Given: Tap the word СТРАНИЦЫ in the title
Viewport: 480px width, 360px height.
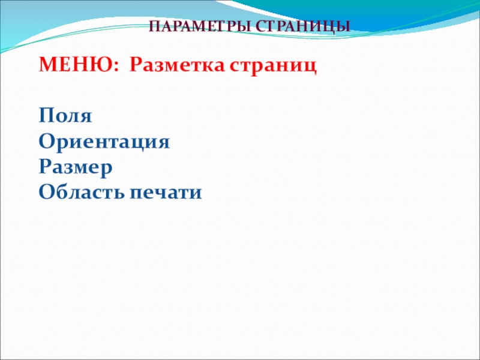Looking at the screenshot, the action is pos(303,27).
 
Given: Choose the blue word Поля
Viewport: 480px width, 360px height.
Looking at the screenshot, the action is pos(65,116).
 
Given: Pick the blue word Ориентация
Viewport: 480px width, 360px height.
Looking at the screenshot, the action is pos(104,142).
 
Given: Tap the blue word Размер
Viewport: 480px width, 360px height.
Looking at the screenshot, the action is pos(76,168).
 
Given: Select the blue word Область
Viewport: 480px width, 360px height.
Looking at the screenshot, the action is pos(82,192).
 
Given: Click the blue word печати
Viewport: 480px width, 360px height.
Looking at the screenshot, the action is pos(166,193).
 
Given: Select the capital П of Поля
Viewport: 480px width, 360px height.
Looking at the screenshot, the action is pos(46,115).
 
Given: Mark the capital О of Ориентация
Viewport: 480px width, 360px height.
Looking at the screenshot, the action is pos(46,142).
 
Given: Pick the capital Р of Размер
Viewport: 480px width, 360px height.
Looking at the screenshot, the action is pos(46,167).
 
